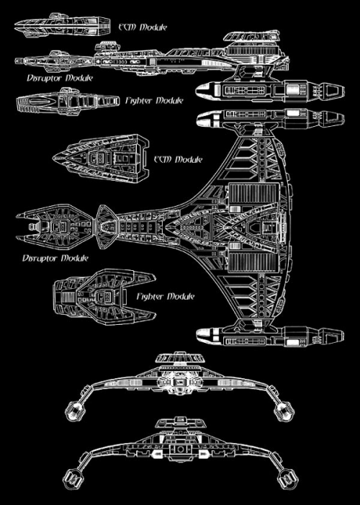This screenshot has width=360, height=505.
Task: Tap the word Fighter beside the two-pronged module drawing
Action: [150, 296]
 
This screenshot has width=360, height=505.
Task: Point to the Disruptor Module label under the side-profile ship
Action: [60, 78]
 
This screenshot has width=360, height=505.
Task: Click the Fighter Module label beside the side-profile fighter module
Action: [154, 100]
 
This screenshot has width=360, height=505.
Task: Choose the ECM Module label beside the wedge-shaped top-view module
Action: [178, 159]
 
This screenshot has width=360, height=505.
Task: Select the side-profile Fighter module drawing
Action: [68, 101]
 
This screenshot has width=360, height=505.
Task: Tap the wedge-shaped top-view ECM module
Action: [101, 158]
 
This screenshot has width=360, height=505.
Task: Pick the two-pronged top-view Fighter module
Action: [104, 297]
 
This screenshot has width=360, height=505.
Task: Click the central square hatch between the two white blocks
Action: [180, 450]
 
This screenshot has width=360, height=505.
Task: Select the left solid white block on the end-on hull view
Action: [156, 454]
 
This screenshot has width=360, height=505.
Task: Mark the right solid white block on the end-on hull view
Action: [204, 454]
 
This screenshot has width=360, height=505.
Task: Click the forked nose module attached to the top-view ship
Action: [55, 226]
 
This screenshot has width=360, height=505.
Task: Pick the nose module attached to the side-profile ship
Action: [54, 61]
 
